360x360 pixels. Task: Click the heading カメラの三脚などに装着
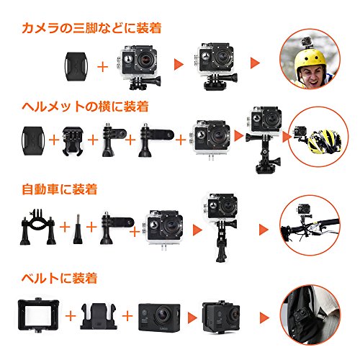tap(91, 28)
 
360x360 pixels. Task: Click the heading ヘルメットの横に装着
tap(85, 107)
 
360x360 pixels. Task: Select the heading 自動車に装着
tap(60, 189)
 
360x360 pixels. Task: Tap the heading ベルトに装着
tap(60, 278)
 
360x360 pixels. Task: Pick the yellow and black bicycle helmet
tap(325, 141)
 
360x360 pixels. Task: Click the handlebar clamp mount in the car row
tap(38, 228)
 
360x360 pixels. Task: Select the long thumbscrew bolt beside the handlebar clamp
tap(78, 229)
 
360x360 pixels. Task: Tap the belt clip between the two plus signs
tap(99, 316)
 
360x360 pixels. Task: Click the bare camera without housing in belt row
tap(159, 317)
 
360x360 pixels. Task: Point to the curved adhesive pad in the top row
tap(76, 66)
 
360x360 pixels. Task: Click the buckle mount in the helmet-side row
tap(73, 141)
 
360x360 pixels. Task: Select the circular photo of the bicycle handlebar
tap(310, 225)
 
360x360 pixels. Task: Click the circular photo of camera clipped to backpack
tap(310, 315)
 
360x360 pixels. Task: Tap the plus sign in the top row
tap(103, 67)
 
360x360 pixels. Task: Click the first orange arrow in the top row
tap(179, 64)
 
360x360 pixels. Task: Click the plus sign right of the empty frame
tap(71, 316)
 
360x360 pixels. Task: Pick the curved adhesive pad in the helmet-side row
tap(33, 140)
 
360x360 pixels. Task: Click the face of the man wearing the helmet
tap(311, 78)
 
